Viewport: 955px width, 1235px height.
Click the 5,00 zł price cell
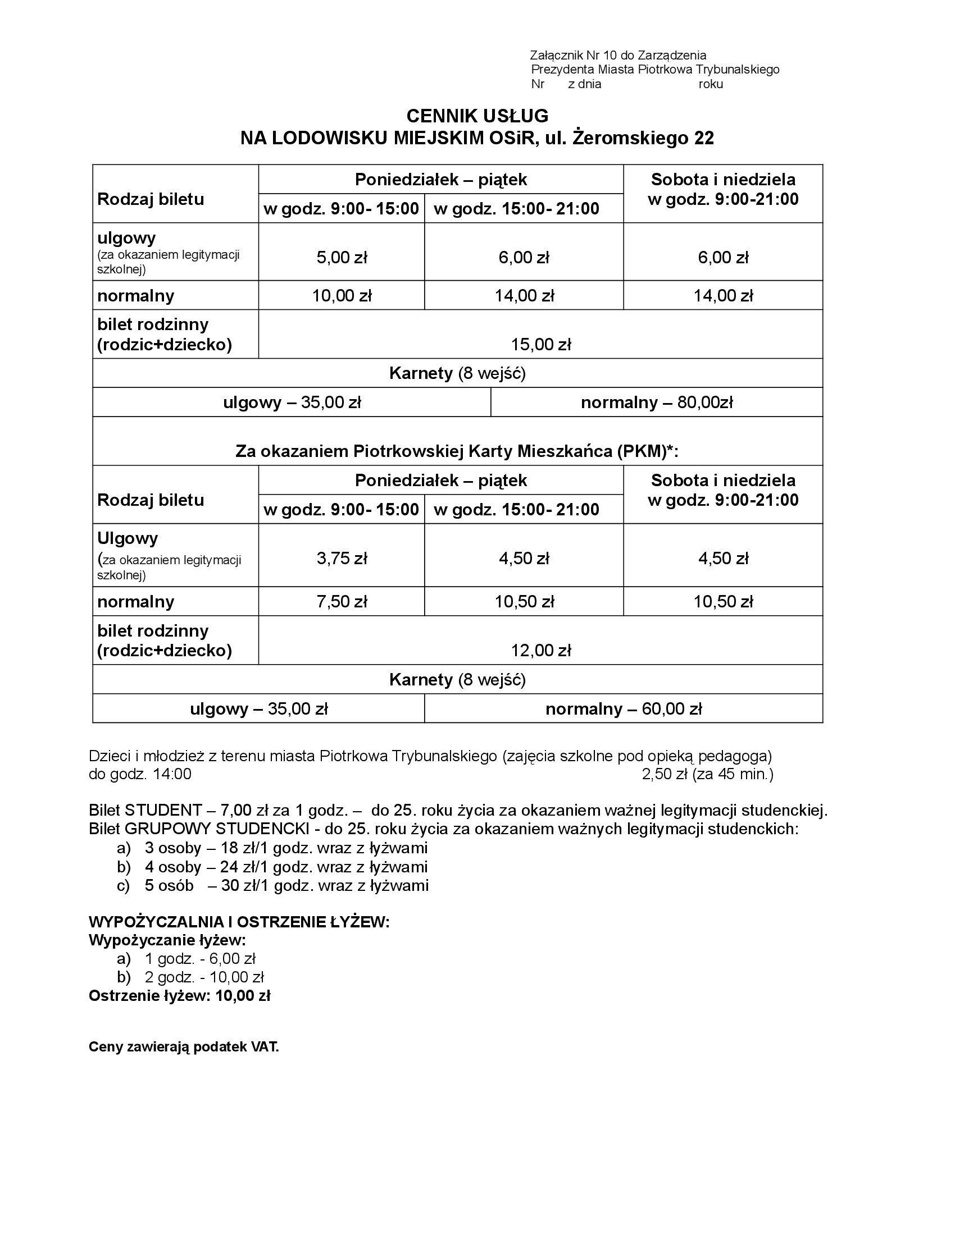click(342, 258)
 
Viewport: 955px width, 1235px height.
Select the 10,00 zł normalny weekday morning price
click(342, 296)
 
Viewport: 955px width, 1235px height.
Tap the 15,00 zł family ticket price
click(541, 344)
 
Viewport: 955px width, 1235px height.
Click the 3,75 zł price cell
click(342, 559)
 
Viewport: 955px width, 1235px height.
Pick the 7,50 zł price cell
click(342, 602)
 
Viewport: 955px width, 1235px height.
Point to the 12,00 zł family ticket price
click(541, 651)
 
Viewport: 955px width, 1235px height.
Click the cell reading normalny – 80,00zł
click(657, 402)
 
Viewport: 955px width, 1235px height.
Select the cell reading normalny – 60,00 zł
click(624, 709)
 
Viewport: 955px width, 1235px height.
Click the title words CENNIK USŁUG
click(477, 116)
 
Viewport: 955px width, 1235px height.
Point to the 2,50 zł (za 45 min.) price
click(707, 774)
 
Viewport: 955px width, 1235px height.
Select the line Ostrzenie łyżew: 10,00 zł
click(179, 996)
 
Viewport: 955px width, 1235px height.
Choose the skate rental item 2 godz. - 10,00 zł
click(204, 977)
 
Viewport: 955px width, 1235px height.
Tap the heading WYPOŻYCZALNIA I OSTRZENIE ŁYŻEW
click(239, 922)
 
